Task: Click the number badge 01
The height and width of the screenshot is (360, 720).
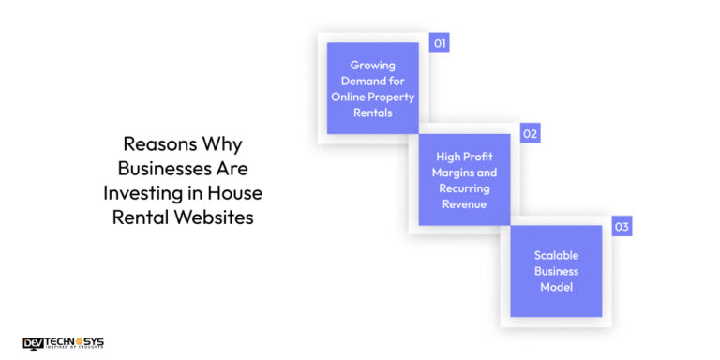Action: pyautogui.click(x=439, y=43)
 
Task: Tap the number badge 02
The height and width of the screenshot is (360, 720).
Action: pyautogui.click(x=531, y=134)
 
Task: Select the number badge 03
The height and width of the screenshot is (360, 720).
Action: pyautogui.click(x=622, y=227)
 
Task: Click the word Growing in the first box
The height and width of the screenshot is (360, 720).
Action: pyautogui.click(x=372, y=66)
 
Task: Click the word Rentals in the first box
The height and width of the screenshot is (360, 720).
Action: pyautogui.click(x=372, y=112)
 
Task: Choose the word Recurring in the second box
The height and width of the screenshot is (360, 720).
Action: pyautogui.click(x=464, y=188)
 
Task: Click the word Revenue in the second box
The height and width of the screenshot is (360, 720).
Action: pyautogui.click(x=464, y=204)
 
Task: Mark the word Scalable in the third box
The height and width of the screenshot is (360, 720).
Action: pyautogui.click(x=556, y=255)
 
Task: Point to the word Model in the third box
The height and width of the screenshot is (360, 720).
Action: pyautogui.click(x=556, y=287)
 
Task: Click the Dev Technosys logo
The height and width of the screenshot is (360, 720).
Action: pyautogui.click(x=63, y=343)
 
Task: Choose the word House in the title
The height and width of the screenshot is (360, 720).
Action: pyautogui.click(x=238, y=193)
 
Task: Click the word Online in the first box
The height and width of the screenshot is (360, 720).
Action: pyautogui.click(x=350, y=97)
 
